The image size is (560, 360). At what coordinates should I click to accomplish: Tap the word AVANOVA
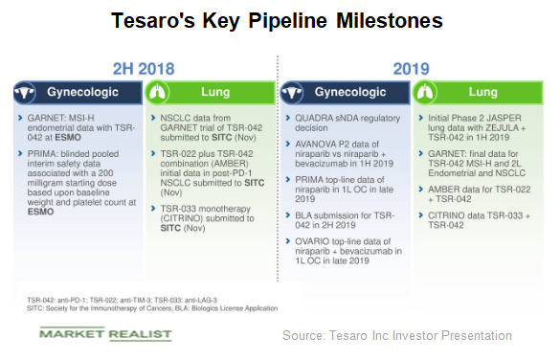312,140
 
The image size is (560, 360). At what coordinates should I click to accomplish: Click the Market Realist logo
105,333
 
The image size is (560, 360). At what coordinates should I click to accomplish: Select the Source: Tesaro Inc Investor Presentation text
397,335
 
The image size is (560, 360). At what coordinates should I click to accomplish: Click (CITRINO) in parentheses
177,218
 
